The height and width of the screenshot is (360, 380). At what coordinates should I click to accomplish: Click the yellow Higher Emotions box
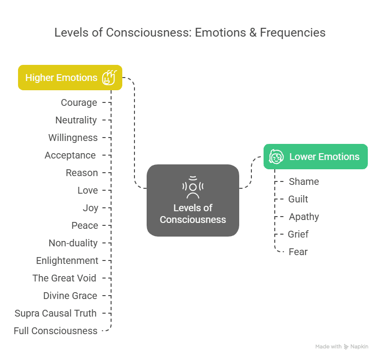tap(70, 78)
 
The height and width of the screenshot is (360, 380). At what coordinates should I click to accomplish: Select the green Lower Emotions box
tap(316, 157)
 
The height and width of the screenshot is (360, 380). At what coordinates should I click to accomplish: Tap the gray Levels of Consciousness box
tap(193, 200)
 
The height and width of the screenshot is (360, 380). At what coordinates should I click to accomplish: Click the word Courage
tap(79, 102)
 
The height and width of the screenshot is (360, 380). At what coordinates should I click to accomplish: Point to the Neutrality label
tap(76, 120)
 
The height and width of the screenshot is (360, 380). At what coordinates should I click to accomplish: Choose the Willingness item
tap(73, 138)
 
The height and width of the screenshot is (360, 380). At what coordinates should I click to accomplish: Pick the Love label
tap(88, 190)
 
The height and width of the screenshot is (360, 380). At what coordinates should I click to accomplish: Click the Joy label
tap(91, 208)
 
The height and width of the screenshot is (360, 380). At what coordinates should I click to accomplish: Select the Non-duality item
tap(73, 243)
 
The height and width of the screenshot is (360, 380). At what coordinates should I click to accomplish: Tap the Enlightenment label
tap(67, 261)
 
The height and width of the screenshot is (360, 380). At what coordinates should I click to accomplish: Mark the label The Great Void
tap(64, 278)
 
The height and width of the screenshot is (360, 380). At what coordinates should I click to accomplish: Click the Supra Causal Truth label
tap(56, 313)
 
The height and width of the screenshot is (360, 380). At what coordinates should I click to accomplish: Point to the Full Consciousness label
tap(56, 331)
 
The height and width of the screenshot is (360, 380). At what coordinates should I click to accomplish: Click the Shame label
tap(304, 181)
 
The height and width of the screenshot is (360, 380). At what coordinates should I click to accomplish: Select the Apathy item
tap(304, 217)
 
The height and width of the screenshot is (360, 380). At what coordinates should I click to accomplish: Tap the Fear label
tap(298, 252)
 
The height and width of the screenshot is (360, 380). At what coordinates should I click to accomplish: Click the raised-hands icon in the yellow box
tap(109, 78)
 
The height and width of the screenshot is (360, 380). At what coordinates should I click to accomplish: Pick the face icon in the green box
tap(276, 157)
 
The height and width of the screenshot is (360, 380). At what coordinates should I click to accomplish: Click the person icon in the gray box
tap(193, 187)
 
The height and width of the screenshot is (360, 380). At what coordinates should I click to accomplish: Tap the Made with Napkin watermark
tap(342, 347)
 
